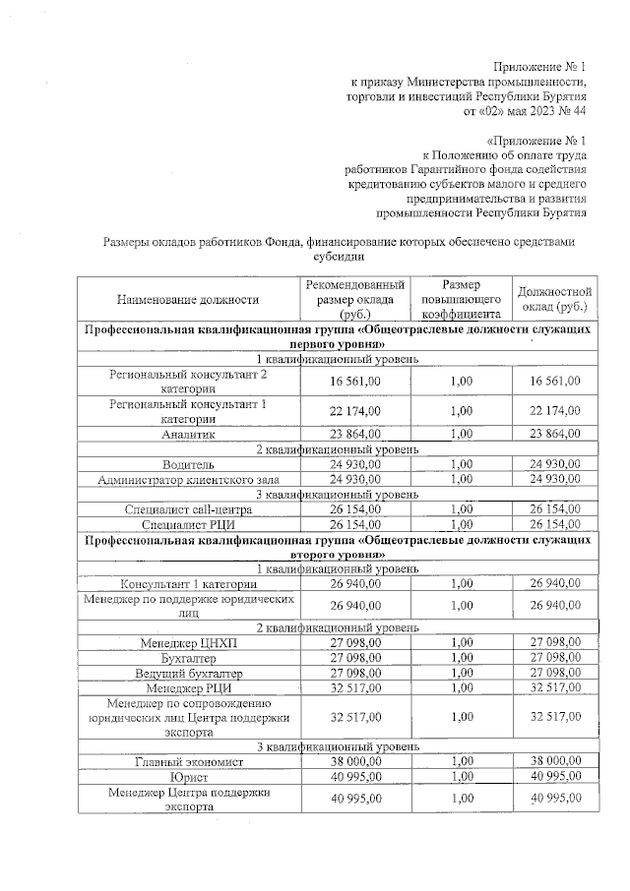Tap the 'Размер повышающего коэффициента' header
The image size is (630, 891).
(460, 298)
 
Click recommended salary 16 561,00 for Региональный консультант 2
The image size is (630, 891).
(355, 380)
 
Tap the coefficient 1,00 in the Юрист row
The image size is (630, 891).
(460, 776)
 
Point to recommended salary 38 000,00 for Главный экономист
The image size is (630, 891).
(355, 760)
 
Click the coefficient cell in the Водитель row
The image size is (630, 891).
(460, 463)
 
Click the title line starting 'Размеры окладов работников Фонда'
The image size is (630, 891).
(338, 241)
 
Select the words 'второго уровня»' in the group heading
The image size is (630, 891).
(338, 554)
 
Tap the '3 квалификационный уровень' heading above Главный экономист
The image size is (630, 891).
(338, 745)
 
